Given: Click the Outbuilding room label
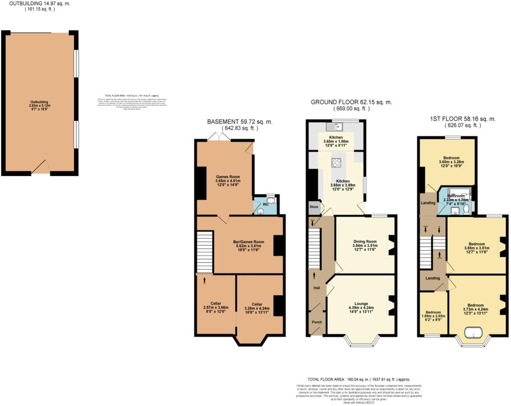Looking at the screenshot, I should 40,102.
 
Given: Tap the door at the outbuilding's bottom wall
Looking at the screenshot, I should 41,168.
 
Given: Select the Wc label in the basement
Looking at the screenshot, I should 265,204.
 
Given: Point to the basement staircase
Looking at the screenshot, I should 204,252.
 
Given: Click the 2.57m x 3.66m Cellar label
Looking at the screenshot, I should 216,304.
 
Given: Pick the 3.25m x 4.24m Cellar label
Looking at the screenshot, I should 257,304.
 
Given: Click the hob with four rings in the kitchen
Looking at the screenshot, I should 336,163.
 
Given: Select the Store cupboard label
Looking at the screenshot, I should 314,207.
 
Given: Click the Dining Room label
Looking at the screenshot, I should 365,242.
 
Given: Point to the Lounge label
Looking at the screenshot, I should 361,304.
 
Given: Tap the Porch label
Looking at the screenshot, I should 317,322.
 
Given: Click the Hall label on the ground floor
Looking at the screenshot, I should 317,288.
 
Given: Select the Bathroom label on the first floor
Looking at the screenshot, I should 456,196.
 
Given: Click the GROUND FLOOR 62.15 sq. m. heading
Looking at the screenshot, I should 351,102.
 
